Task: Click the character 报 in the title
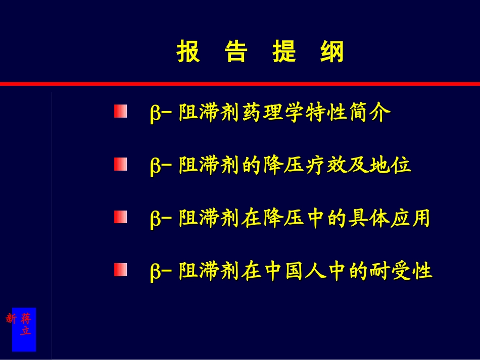188,52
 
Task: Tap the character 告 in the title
235,52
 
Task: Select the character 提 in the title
284,52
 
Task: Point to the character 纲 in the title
332,52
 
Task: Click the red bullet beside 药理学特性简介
120,111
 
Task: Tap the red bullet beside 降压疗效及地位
120,164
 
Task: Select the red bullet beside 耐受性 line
120,270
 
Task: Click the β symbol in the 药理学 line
155,113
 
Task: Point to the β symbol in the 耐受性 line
155,272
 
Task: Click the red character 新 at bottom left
11,319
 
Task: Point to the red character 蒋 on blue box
26,319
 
